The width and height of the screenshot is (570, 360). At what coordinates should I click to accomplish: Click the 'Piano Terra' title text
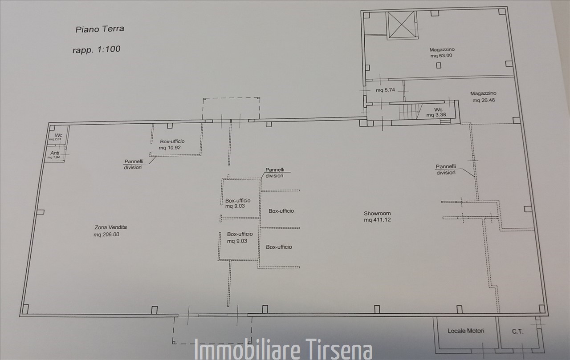99,29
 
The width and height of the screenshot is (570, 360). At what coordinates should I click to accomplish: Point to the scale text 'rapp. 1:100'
96,49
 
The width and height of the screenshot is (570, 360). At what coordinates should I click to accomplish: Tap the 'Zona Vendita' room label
110,227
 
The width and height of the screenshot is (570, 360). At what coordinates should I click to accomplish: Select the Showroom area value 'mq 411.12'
377,220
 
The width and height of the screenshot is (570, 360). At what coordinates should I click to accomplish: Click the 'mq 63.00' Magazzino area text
441,56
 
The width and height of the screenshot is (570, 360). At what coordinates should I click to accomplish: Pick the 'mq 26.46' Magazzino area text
484,100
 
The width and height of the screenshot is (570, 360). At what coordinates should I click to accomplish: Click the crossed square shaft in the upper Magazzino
401,25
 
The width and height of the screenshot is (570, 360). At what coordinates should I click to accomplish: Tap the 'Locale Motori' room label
466,331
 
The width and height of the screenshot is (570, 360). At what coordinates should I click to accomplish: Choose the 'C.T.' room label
517,332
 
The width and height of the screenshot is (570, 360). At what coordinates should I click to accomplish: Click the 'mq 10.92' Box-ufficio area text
170,148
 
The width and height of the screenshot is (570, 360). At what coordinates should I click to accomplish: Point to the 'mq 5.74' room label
385,90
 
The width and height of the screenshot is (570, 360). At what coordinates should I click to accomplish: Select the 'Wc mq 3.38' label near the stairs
436,112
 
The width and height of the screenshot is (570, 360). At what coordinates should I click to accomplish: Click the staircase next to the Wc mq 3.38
408,111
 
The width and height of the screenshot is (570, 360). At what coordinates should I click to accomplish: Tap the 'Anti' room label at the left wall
55,153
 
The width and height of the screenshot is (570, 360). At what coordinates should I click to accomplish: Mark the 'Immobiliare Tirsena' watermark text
283,350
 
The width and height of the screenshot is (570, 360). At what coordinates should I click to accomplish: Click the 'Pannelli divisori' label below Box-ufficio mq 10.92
133,165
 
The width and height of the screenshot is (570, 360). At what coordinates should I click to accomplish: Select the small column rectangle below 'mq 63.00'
439,65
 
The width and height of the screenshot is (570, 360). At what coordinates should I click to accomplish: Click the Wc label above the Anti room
58,135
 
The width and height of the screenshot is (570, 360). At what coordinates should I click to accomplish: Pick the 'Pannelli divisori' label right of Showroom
446,170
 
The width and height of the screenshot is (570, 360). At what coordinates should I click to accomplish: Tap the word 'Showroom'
377,213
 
